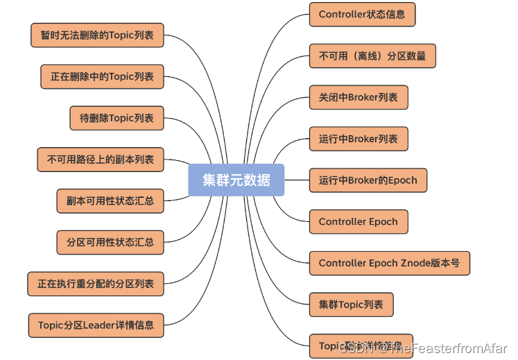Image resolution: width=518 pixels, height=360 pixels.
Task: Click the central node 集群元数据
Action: click(236, 180)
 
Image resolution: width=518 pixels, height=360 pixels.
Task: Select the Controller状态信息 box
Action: click(362, 15)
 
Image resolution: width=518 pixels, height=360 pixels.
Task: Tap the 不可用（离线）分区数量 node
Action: click(372, 55)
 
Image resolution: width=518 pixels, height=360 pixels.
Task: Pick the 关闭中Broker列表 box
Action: click(359, 97)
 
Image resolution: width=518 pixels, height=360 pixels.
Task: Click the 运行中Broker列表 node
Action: click(359, 139)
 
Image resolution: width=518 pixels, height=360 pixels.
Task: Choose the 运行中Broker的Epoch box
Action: click(368, 180)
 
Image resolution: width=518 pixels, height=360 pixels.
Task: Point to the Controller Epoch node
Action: click(359, 222)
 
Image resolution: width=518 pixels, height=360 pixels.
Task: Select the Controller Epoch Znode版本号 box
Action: click(389, 263)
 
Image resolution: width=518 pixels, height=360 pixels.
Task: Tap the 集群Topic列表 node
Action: click(351, 305)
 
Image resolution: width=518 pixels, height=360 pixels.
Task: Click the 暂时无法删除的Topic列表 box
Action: click(97, 35)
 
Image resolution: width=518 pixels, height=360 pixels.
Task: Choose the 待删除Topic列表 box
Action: click(116, 118)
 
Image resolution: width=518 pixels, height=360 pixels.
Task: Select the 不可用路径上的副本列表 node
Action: click(100, 160)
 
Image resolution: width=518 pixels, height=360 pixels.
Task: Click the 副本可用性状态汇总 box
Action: click(110, 201)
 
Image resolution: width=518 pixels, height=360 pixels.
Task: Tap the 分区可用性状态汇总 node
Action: click(110, 243)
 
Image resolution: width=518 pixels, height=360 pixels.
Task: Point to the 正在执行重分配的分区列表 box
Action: click(96, 284)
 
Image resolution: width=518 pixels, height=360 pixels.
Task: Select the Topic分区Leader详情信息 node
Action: click(96, 325)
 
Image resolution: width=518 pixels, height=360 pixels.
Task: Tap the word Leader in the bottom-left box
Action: click(98, 325)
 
